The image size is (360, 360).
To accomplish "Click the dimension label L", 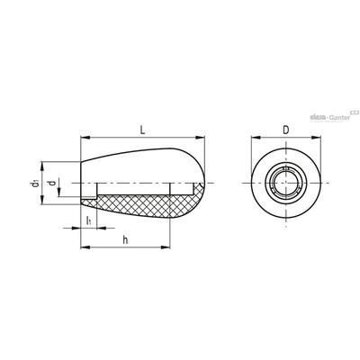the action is tap(143, 130).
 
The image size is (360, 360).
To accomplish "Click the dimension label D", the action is tap(286, 130).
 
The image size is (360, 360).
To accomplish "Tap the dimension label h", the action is tap(126, 239).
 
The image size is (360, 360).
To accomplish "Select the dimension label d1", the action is tap(35, 183).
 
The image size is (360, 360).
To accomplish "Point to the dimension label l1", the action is tap(89, 220).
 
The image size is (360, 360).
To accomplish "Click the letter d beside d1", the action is tap(52, 183).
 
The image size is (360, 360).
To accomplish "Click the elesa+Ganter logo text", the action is tap(330, 118).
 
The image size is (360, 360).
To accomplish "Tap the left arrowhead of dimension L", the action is tap(85, 138).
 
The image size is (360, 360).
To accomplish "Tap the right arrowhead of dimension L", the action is tap(200, 138).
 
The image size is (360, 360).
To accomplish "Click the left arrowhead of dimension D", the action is tap(256, 138).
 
